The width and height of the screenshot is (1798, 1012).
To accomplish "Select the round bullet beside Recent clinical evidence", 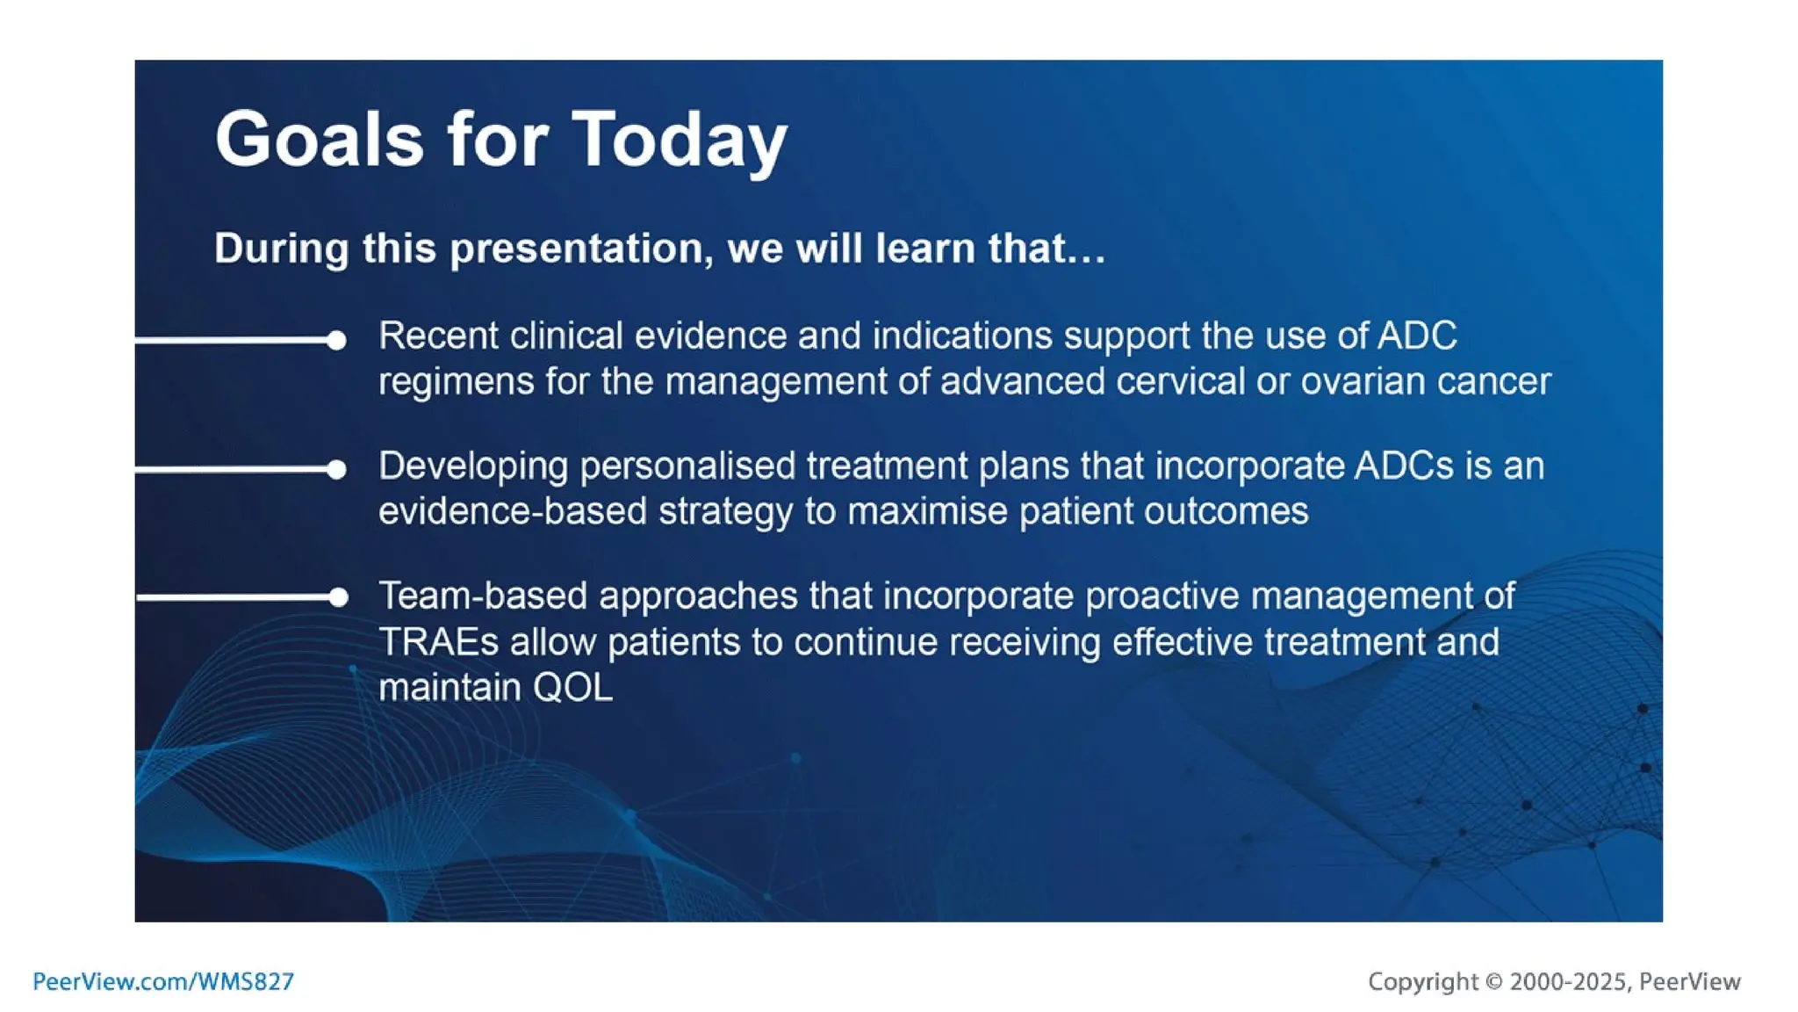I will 336,340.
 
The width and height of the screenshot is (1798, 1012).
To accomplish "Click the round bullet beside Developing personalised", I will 336,469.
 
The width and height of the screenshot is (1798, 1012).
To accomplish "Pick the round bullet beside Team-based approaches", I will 338,597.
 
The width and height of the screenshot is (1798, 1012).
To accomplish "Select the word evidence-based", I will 512,510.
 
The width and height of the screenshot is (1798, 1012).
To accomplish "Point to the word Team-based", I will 483,596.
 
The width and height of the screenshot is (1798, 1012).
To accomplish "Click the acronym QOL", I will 572,687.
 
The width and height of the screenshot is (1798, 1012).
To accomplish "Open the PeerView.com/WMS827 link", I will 163,981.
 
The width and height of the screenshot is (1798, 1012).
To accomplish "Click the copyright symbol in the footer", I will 1493,981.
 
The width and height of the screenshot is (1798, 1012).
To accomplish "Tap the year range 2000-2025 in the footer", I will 1568,981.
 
